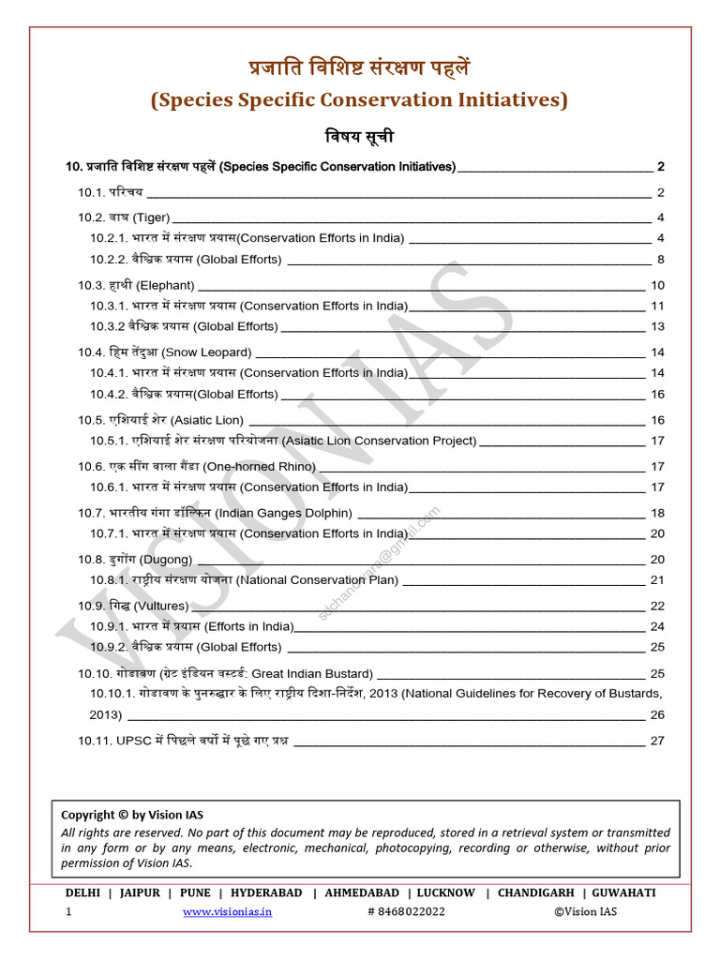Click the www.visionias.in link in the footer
tap(228, 912)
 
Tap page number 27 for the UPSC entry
tap(656, 741)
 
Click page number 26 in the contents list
tap(656, 715)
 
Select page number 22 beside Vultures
tap(656, 607)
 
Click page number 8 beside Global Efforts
tap(660, 260)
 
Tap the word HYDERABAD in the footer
tap(266, 893)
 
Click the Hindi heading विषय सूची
tap(359, 137)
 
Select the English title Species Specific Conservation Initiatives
tap(359, 99)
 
